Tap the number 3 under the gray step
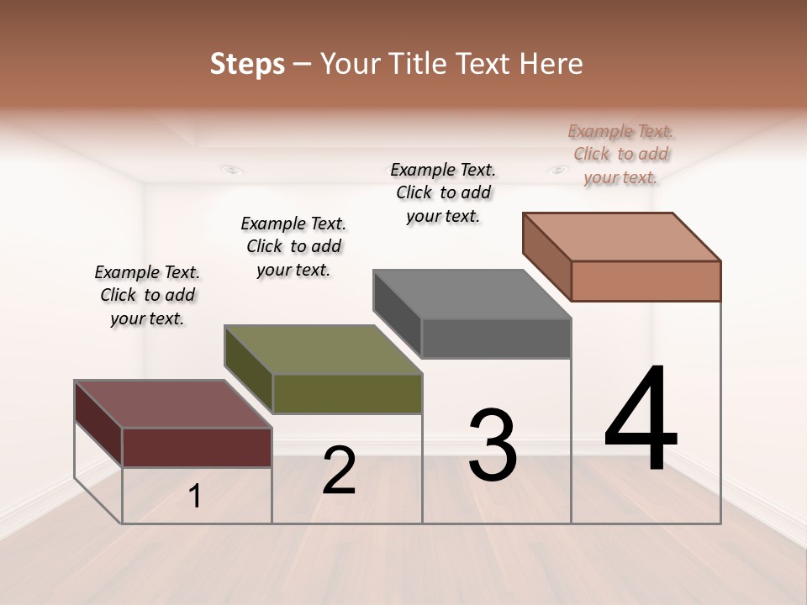492,445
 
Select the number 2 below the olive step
339,470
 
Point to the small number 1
195,496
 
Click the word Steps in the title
247,64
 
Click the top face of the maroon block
173,404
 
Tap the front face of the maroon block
197,447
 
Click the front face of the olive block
347,393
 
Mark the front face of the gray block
496,338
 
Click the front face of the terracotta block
646,281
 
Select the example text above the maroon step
147,295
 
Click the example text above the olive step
293,246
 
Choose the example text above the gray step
443,192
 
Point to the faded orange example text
620,154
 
